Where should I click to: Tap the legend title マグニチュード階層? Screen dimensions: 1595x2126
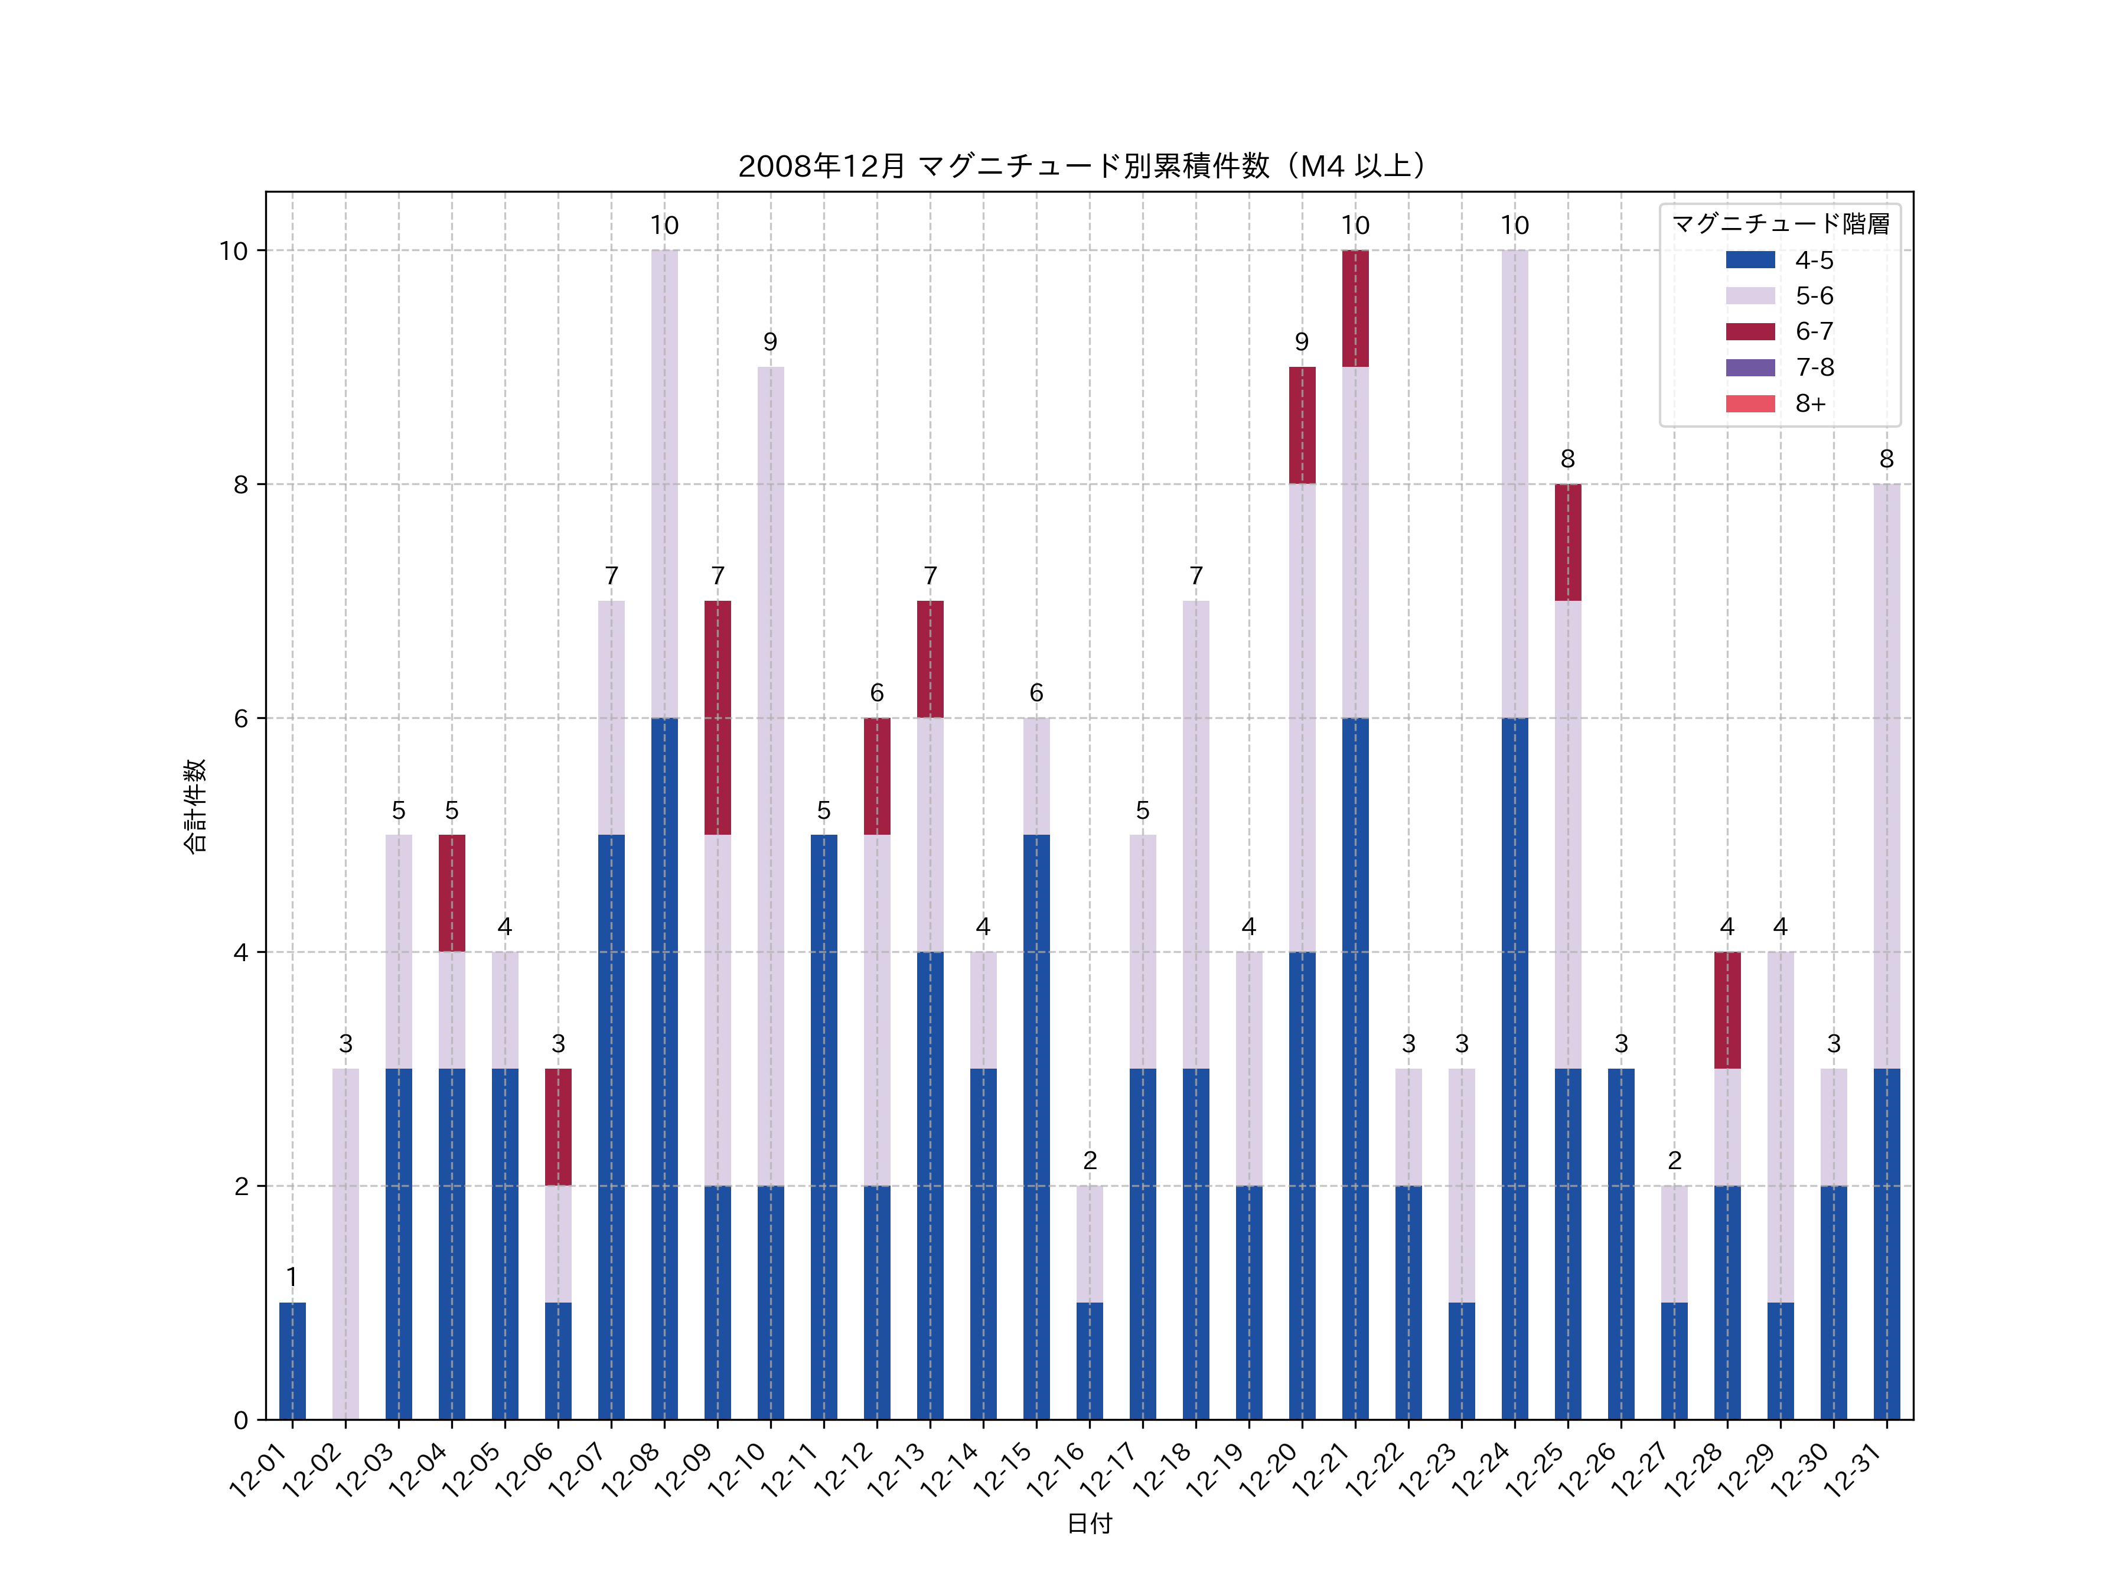[1780, 224]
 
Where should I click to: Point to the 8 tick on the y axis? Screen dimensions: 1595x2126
[240, 484]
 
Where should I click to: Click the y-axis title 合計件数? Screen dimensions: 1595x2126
[194, 806]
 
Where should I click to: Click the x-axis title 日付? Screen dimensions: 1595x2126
[1089, 1523]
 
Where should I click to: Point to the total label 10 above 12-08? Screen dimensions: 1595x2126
[664, 226]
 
